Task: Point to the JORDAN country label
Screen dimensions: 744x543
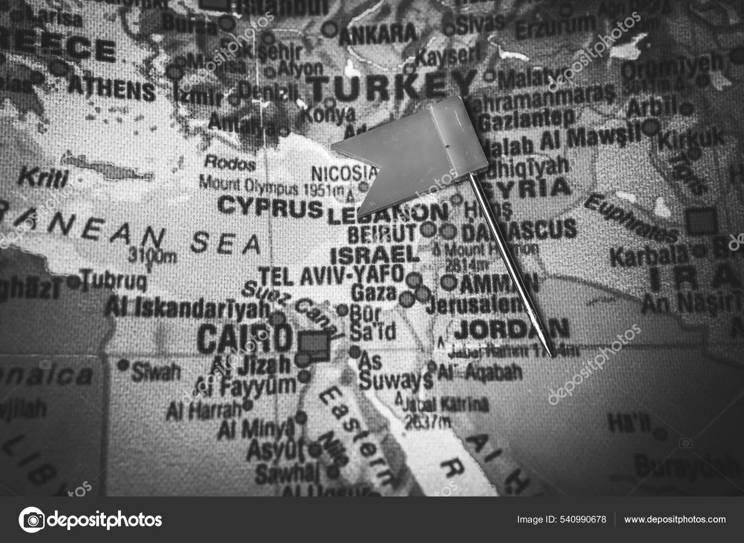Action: click(511, 329)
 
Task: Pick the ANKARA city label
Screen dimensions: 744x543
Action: click(378, 33)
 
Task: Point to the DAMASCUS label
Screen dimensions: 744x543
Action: click(519, 229)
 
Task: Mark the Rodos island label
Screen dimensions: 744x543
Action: click(230, 163)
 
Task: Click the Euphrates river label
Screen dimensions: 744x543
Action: click(630, 217)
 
